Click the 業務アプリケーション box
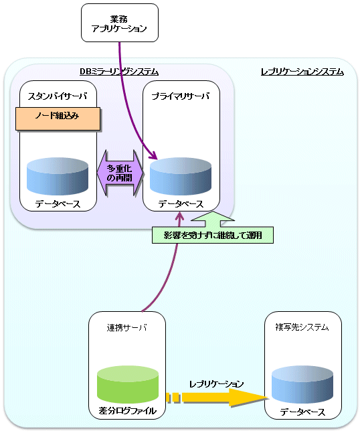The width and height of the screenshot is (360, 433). tap(120, 23)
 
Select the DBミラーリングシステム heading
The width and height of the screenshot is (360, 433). tap(119, 72)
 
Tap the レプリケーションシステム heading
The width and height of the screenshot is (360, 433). tap(302, 72)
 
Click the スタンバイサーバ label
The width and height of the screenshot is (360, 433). tap(58, 96)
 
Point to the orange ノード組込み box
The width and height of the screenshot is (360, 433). tap(58, 118)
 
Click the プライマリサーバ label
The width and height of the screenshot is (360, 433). tap(181, 96)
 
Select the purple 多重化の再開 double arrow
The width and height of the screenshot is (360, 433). tap(120, 173)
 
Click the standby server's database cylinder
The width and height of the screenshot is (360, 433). tap(58, 176)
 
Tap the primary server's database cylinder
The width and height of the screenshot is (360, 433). tap(181, 176)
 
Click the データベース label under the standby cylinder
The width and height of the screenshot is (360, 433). tap(58, 204)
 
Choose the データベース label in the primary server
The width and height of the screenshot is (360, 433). tap(181, 204)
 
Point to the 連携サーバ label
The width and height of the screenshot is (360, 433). tap(127, 328)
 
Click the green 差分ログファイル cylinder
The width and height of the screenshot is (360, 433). tap(128, 384)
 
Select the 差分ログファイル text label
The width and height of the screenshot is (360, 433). tap(128, 411)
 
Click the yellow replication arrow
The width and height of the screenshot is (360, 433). tap(217, 398)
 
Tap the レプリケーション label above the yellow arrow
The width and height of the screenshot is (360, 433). tap(216, 384)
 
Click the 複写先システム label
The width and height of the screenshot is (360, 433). tap(302, 327)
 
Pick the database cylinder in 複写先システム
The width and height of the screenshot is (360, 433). tap(302, 384)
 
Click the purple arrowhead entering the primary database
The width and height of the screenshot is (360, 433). tap(153, 155)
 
